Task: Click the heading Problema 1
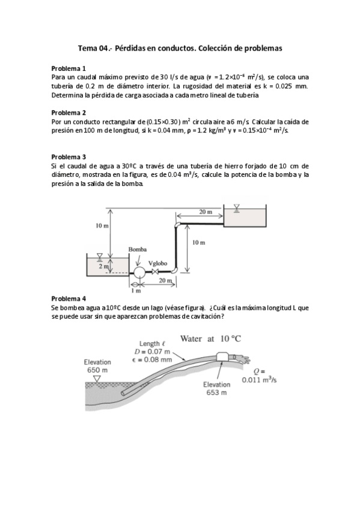[x=69, y=68]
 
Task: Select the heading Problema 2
[x=69, y=112]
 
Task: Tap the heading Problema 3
[x=69, y=156]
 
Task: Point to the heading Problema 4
[x=69, y=298]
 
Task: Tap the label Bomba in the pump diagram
[x=138, y=249]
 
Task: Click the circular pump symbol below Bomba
[x=138, y=272]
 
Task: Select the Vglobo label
[x=158, y=262]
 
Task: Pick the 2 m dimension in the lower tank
[x=103, y=265]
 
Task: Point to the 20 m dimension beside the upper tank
[x=205, y=212]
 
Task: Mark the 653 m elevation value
[x=216, y=392]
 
